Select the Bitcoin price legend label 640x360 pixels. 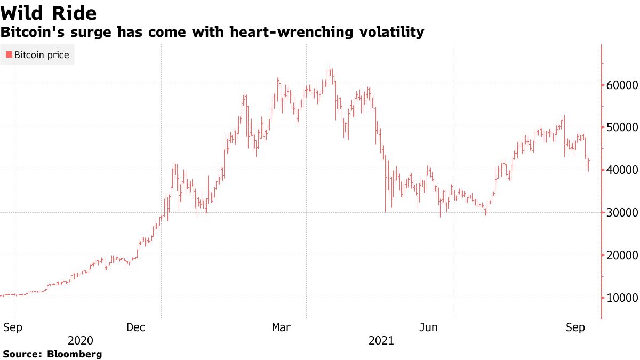tap(42, 55)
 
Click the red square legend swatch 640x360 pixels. tap(9, 55)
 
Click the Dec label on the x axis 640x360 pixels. tap(137, 327)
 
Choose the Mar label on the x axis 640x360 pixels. tap(282, 327)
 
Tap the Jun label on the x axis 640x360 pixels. tap(429, 327)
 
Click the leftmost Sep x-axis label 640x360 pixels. tap(12, 327)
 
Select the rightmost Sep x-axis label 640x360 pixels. tap(576, 327)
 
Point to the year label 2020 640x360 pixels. tap(81, 341)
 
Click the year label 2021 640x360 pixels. tap(381, 341)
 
